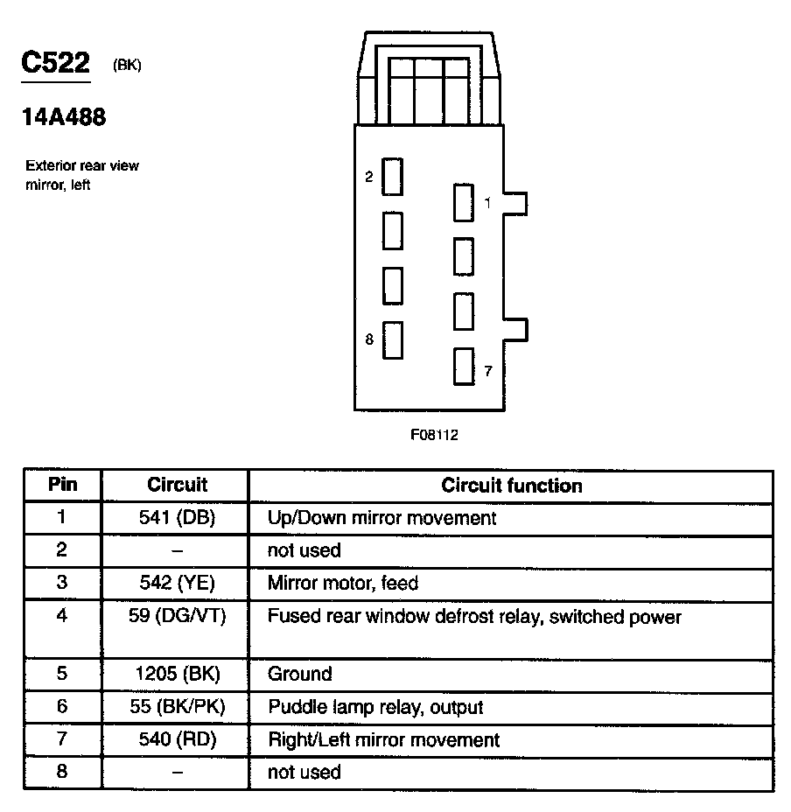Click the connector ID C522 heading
56,64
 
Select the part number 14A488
64,117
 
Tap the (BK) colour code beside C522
127,66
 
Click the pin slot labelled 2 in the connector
393,177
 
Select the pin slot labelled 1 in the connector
463,203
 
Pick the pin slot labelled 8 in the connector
393,339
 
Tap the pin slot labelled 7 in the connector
463,367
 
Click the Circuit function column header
511,486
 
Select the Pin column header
62,485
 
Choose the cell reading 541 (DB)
177,517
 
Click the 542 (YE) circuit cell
177,583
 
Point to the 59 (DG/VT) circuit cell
177,617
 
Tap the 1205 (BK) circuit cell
177,674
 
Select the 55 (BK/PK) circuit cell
177,707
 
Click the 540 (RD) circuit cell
177,739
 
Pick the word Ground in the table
299,674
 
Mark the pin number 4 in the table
61,616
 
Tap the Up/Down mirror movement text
381,518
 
